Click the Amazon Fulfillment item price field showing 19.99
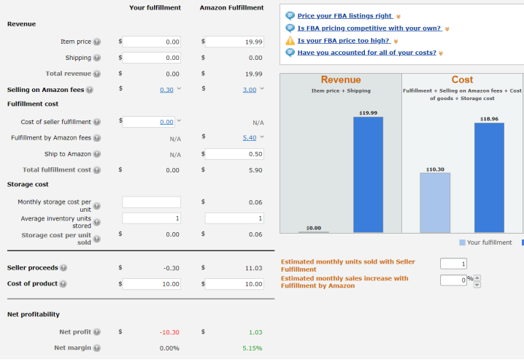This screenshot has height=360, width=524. (x=234, y=42)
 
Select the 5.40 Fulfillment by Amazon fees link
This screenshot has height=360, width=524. (x=250, y=137)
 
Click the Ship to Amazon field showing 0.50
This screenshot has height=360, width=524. (x=234, y=154)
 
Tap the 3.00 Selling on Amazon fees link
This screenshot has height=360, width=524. (x=250, y=90)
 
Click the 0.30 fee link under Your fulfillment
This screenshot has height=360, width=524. (x=166, y=90)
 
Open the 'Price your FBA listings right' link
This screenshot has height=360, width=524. (x=344, y=15)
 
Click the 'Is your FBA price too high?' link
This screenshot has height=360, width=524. (x=343, y=40)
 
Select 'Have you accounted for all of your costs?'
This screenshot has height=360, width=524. (x=366, y=53)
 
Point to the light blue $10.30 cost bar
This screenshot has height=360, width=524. (x=435, y=203)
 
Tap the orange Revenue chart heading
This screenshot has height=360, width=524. (x=341, y=79)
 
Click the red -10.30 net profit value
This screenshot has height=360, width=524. (x=169, y=332)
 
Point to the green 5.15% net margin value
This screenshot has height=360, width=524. (x=252, y=348)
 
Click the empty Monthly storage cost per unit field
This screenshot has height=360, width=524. (x=151, y=202)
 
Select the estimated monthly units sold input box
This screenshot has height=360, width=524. (x=453, y=264)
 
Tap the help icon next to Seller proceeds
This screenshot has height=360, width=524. (x=63, y=268)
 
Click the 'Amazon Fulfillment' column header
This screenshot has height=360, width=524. (x=231, y=7)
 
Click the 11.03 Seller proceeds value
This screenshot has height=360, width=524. (x=253, y=268)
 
